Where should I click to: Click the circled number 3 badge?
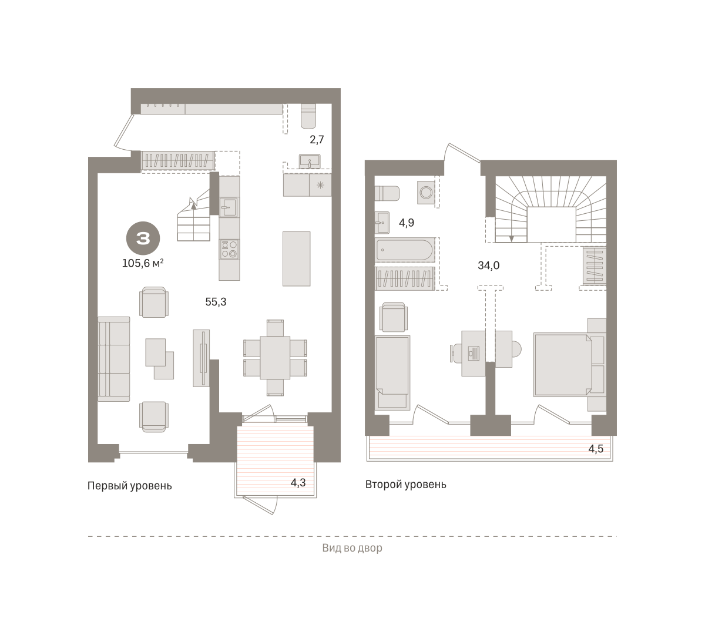pos(143,238)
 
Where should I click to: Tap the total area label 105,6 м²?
pos(143,263)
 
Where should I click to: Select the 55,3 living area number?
pos(216,302)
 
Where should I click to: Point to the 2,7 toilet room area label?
pos(317,140)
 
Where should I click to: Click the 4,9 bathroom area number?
pos(407,223)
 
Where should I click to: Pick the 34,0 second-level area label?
pos(489,265)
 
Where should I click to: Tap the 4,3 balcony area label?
pos(298,483)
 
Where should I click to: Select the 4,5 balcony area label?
pos(596,449)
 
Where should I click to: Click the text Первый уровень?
pos(130,486)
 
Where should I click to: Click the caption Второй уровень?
pos(405,485)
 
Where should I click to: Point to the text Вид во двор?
pos(352,548)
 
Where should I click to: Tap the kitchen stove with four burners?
pos(229,250)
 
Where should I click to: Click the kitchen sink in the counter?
pos(229,207)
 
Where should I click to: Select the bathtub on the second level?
pos(405,250)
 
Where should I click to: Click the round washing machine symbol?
pos(427,193)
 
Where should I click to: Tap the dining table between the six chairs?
pos(275,358)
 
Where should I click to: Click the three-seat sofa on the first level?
pos(114,359)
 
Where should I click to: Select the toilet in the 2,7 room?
pos(308,116)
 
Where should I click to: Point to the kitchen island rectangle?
pos(297,258)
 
